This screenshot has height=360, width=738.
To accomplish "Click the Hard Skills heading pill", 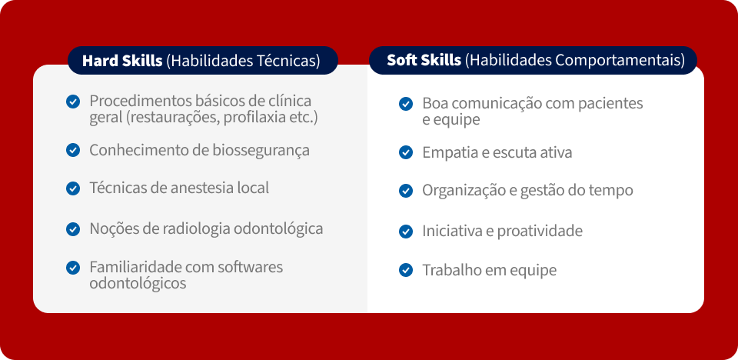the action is [x=203, y=60].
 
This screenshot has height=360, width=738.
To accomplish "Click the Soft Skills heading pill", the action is [x=533, y=60].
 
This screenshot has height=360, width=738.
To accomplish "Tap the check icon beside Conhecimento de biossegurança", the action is [x=73, y=150].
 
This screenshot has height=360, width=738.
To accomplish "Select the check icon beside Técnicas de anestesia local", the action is [x=73, y=188].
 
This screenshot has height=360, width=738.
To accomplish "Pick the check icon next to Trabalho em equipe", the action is [x=406, y=271].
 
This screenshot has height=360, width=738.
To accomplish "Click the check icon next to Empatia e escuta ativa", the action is [x=406, y=152].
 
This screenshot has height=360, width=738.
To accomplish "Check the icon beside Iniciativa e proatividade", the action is [x=406, y=232].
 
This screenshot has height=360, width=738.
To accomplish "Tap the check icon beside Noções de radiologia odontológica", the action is [x=73, y=229].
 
